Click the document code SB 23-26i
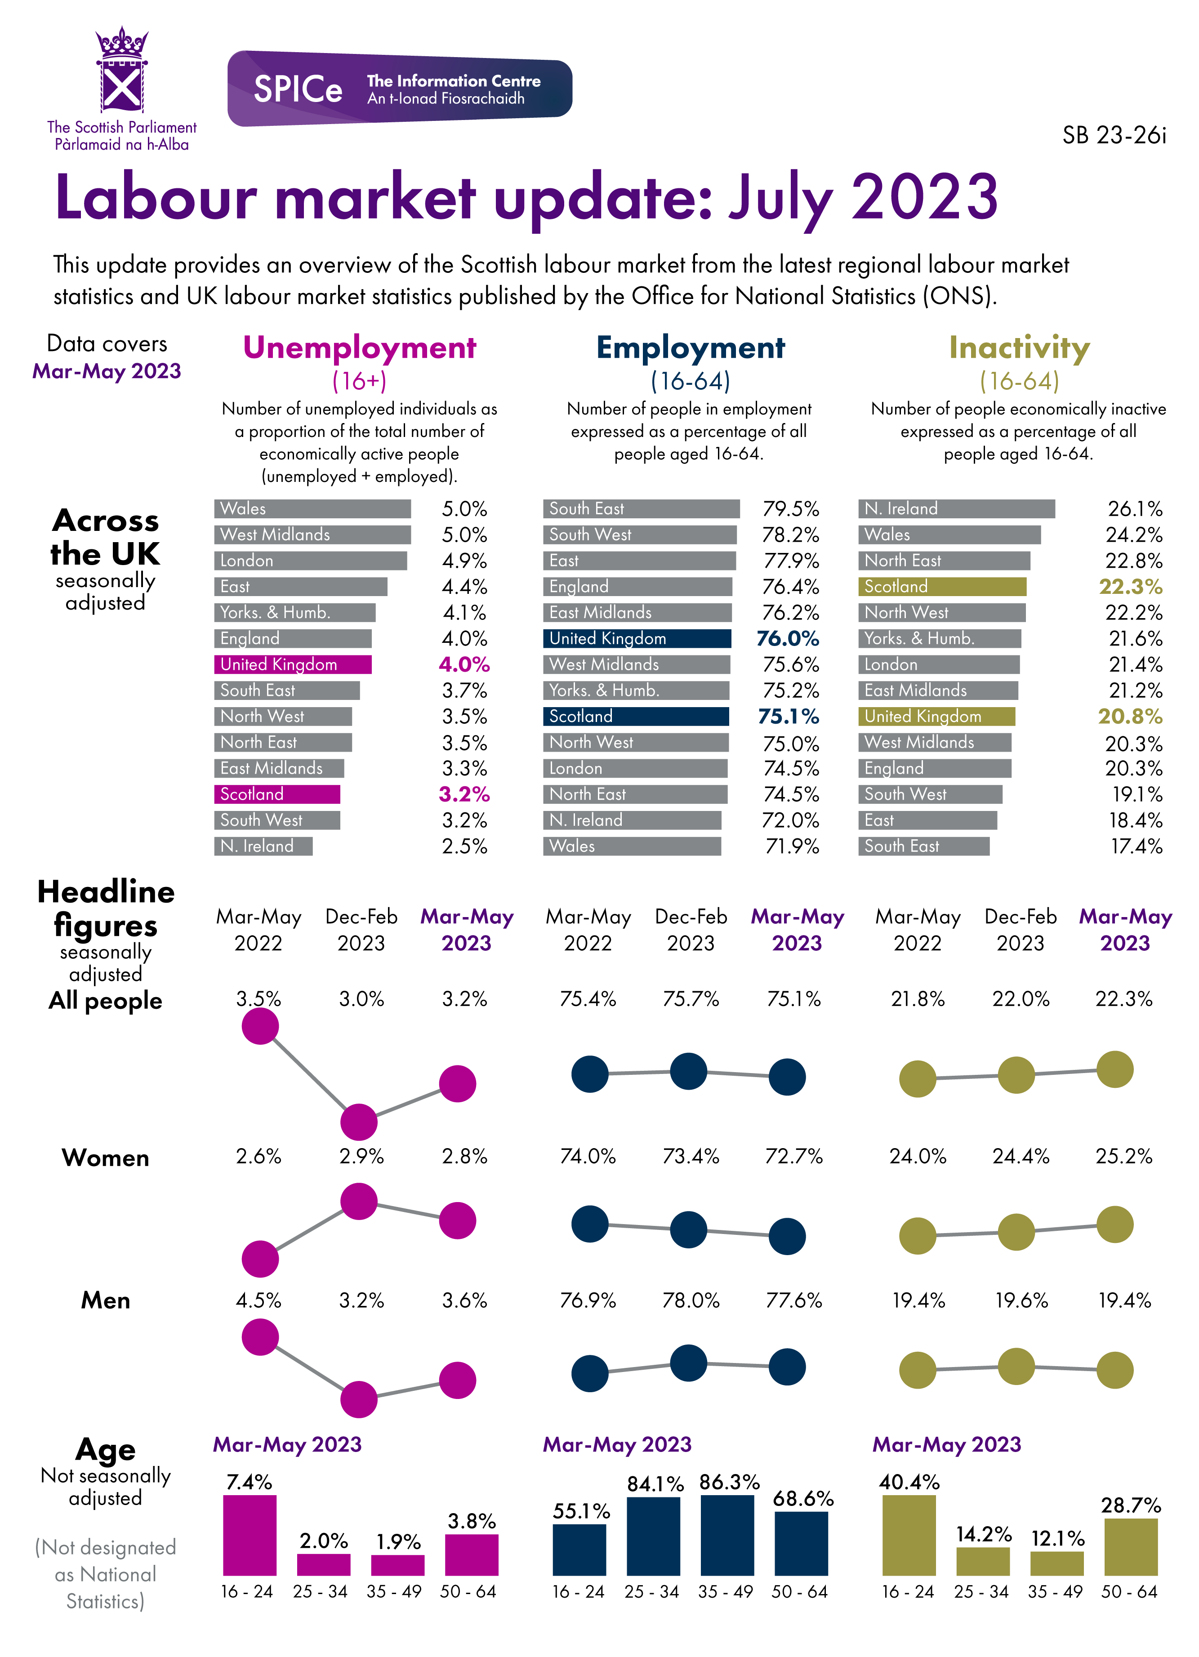pos(1114,136)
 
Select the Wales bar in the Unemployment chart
pos(312,508)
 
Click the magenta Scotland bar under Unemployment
pos(277,794)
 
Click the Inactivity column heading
pos(1019,348)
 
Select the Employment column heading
pos(690,348)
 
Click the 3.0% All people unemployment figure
pos(361,999)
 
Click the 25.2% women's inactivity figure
pos(1123,1156)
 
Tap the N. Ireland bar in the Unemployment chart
pos(263,846)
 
